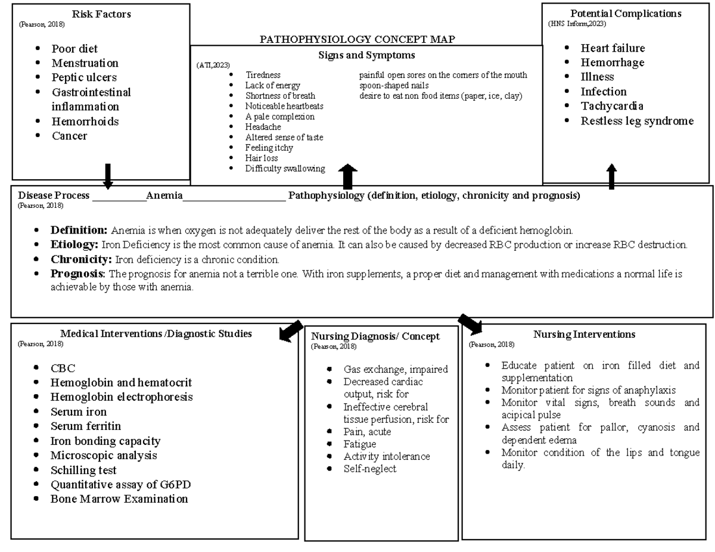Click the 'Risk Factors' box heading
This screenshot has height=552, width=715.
point(101,14)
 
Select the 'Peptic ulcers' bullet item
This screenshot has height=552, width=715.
point(84,77)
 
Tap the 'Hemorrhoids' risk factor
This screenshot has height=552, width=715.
point(85,121)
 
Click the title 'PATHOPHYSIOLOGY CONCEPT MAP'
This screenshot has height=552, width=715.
point(357,39)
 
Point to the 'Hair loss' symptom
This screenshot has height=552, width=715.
point(262,158)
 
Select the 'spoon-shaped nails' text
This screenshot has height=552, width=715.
point(394,86)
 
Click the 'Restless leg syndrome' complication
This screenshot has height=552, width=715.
point(637,121)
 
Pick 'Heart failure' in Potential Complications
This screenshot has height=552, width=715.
point(613,48)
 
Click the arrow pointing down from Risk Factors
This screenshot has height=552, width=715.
point(108,176)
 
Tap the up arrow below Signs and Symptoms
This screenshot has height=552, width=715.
point(347,177)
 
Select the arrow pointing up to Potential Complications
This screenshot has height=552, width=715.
point(611,177)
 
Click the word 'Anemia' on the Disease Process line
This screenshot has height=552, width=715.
point(164,195)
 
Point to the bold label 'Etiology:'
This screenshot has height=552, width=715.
point(74,245)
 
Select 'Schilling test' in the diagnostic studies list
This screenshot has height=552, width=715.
point(83,470)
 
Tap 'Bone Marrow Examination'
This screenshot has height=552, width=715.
point(119,499)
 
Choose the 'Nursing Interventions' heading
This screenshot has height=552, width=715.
point(584,335)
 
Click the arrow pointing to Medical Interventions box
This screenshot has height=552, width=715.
point(291,331)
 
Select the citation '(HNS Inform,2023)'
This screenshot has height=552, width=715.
point(577,24)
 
